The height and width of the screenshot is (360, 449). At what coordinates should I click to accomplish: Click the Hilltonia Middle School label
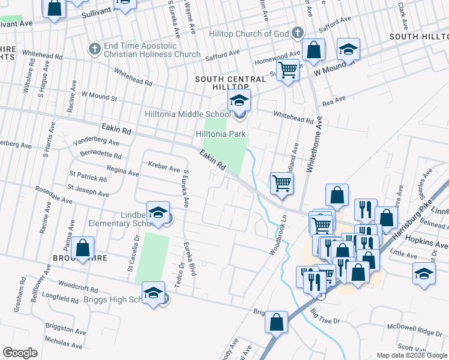[187, 114]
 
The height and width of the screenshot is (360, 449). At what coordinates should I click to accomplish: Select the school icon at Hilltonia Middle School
[239, 100]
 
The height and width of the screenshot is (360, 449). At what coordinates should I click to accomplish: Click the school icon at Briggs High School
[154, 292]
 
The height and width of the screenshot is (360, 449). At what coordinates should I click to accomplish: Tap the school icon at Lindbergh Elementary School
[158, 212]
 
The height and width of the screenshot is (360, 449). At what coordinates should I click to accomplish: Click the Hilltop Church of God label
[250, 34]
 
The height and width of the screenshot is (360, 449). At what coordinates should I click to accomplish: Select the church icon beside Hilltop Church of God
[298, 33]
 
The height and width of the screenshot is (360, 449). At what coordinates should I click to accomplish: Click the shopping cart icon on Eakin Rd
[282, 182]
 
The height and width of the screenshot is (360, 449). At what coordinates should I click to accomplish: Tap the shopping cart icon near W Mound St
[288, 70]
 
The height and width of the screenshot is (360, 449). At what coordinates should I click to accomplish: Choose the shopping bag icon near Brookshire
[83, 247]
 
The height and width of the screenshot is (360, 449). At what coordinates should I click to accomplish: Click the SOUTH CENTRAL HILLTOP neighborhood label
[231, 83]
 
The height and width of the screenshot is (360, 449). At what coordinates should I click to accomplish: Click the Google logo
[20, 353]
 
